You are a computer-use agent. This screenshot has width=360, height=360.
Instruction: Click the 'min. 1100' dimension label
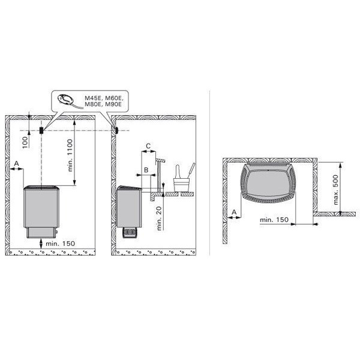click(x=70, y=155)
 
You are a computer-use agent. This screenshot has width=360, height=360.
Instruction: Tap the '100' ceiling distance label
click(x=25, y=142)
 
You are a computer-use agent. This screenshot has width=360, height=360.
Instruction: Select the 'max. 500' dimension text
click(x=335, y=190)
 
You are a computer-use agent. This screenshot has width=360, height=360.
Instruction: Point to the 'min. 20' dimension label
click(x=159, y=218)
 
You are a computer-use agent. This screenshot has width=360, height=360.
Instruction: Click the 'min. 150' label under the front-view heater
click(x=61, y=244)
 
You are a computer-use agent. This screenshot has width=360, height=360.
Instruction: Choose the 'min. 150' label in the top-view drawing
click(x=274, y=220)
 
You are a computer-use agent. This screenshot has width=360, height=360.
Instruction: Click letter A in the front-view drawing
click(x=16, y=163)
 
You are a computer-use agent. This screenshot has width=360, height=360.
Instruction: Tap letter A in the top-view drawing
click(x=234, y=212)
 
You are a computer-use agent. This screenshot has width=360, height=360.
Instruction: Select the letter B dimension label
click(x=146, y=170)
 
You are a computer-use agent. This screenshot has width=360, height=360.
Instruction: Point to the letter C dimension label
click(x=148, y=146)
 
